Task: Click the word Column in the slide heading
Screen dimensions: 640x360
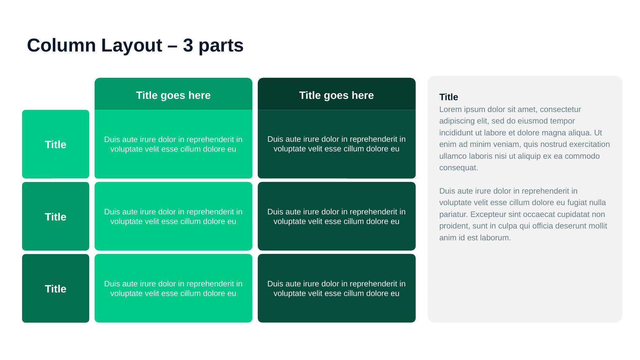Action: (x=61, y=45)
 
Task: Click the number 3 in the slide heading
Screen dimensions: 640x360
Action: (x=188, y=45)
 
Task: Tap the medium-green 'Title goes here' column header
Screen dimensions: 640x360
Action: (x=173, y=95)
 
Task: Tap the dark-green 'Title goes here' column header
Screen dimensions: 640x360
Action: (x=336, y=95)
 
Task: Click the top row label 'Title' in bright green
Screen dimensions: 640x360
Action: (x=56, y=144)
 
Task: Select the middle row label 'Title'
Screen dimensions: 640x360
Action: (x=56, y=217)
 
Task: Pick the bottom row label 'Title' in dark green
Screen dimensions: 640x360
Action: (x=56, y=289)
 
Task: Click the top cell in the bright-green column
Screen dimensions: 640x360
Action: (x=173, y=144)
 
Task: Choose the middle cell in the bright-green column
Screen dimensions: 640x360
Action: (x=173, y=217)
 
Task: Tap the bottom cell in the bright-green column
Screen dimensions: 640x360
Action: (x=173, y=289)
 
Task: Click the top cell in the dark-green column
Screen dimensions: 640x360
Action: (x=336, y=144)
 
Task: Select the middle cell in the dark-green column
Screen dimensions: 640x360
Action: (x=336, y=217)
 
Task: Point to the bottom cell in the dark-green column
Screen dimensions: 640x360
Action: (x=336, y=289)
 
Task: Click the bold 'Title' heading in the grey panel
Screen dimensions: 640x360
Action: (x=448, y=97)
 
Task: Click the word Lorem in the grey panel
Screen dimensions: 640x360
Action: (x=450, y=109)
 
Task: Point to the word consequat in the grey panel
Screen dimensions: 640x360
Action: (x=458, y=168)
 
